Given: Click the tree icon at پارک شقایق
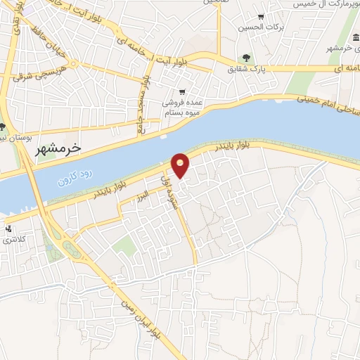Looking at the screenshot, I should click(x=246, y=58).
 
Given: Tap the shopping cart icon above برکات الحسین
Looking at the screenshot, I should click(x=262, y=17).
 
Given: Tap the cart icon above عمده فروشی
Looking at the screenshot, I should click(x=182, y=91).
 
